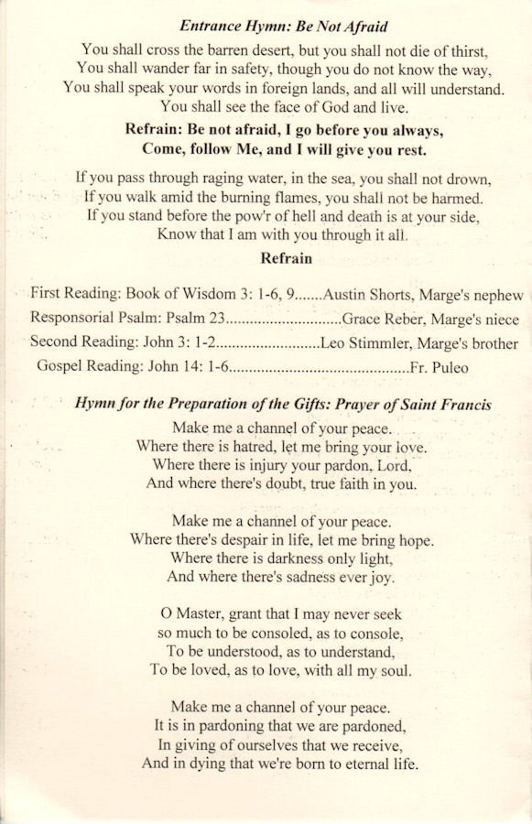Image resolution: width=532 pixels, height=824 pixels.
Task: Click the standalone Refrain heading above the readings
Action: point(286,258)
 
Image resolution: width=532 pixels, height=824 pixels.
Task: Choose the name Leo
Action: point(336,344)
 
